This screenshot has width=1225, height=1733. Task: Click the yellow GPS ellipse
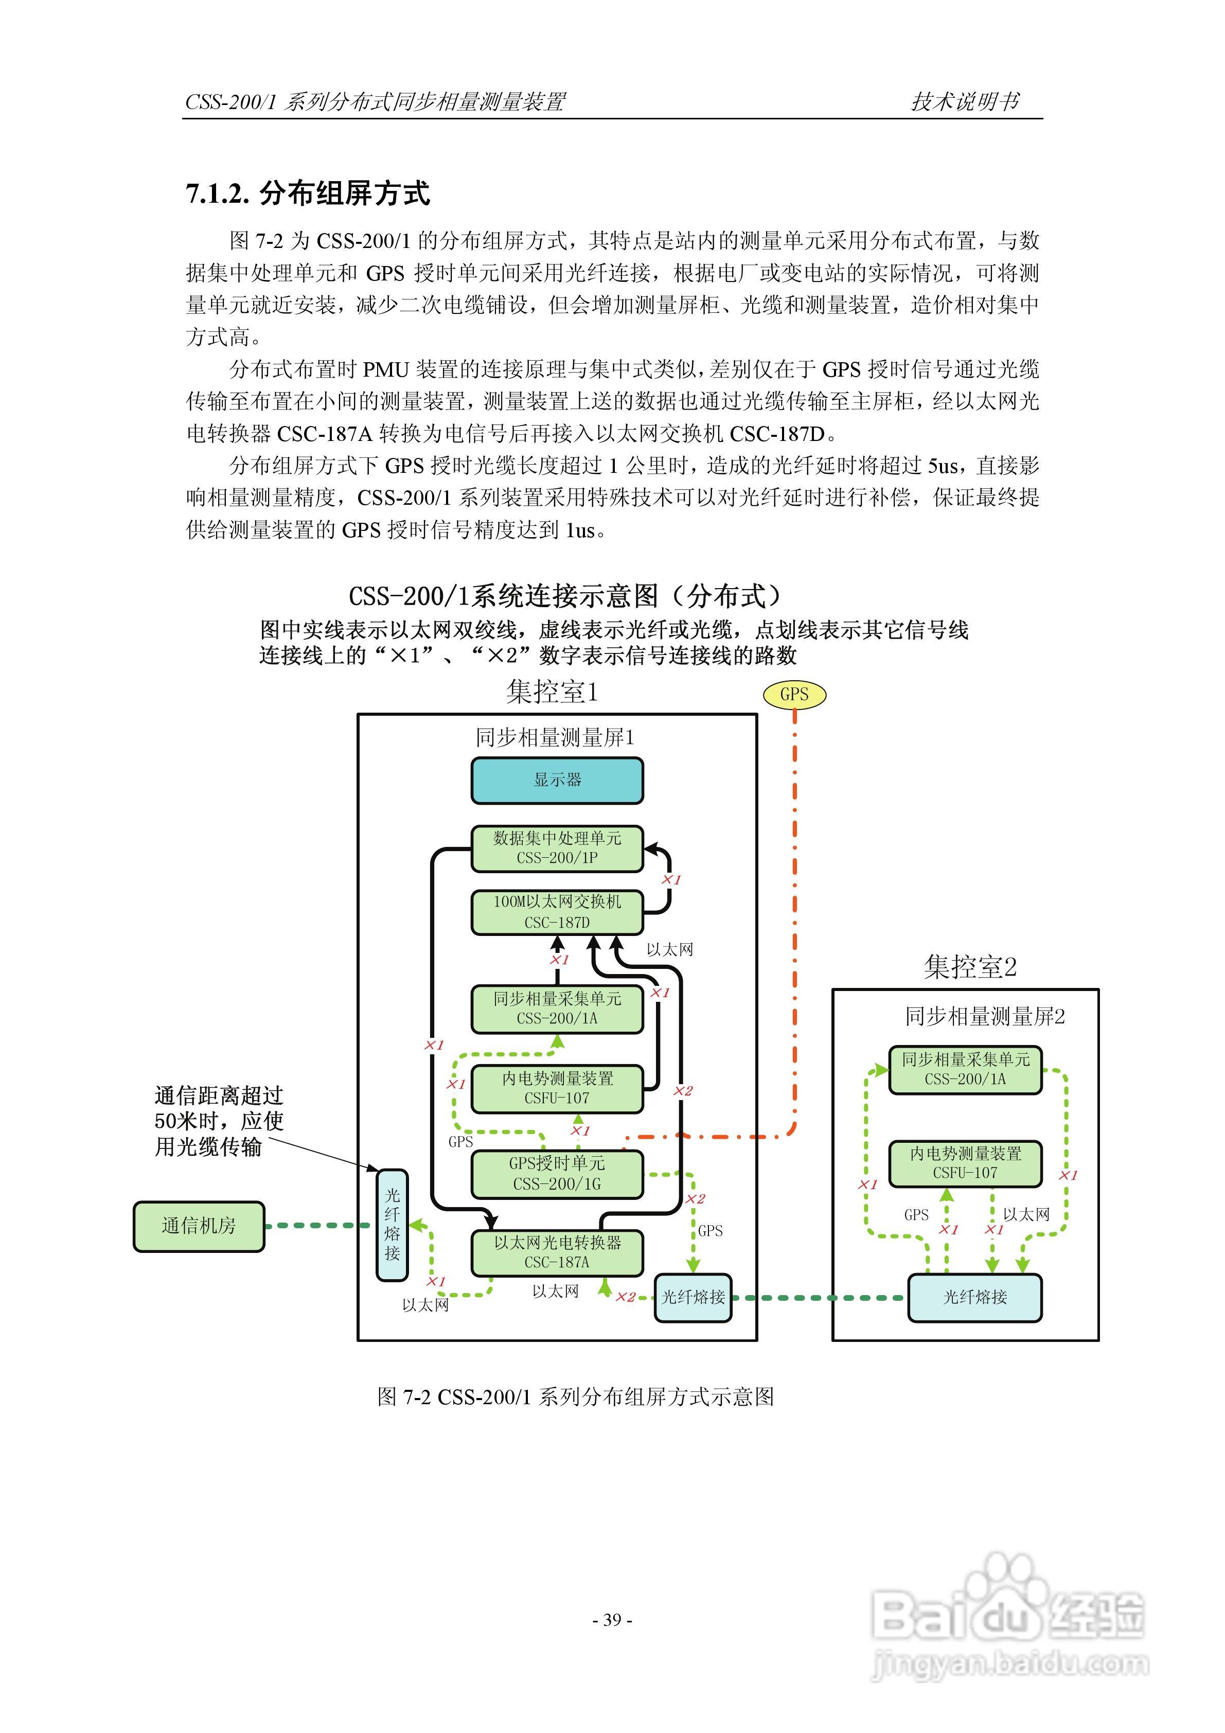pyautogui.click(x=794, y=695)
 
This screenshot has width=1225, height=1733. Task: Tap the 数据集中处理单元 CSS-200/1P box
pyautogui.click(x=557, y=848)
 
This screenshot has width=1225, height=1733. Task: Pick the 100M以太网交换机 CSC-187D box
pyautogui.click(x=557, y=912)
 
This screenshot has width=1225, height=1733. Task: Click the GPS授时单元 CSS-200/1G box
pyautogui.click(x=557, y=1174)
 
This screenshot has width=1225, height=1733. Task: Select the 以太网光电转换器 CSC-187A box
pyautogui.click(x=557, y=1252)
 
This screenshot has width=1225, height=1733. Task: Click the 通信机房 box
pyautogui.click(x=199, y=1226)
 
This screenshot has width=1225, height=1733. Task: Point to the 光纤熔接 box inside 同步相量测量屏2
pyautogui.click(x=974, y=1298)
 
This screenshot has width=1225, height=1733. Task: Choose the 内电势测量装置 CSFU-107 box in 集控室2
pyautogui.click(x=965, y=1163)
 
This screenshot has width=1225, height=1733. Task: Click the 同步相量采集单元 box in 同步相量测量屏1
pyautogui.click(x=557, y=1009)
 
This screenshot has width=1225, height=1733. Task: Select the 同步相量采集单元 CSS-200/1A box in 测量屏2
pyautogui.click(x=965, y=1070)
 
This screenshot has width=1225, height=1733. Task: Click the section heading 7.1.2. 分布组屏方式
pyautogui.click(x=308, y=194)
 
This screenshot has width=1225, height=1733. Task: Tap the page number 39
pyautogui.click(x=612, y=1620)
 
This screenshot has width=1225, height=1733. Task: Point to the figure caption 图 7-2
pyautogui.click(x=575, y=1397)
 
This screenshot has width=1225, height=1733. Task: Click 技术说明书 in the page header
pyautogui.click(x=965, y=101)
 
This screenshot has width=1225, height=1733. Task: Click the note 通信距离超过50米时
pyautogui.click(x=218, y=1121)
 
